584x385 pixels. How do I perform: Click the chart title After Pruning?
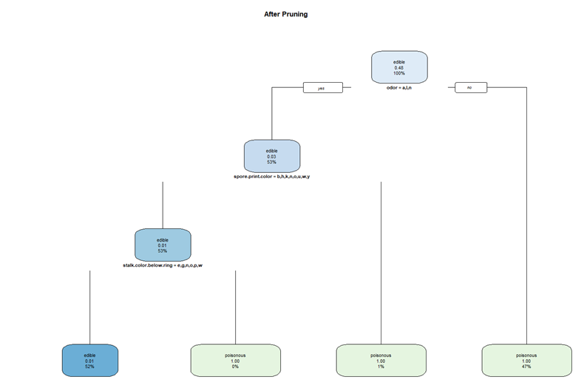285,14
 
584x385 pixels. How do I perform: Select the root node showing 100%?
398,67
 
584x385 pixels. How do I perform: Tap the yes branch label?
322,87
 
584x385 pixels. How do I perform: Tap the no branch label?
469,87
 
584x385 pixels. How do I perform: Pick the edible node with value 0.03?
272,155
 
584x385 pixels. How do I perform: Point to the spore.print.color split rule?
272,177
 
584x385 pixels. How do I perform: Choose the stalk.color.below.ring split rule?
163,264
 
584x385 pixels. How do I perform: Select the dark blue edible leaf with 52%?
89,360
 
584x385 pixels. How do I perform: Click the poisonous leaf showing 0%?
235,360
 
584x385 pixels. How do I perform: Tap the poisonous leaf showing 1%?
381,360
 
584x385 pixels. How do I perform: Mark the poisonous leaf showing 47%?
526,360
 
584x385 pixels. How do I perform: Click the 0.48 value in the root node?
398,68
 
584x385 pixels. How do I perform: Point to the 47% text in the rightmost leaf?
526,367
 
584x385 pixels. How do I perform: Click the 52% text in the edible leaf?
89,367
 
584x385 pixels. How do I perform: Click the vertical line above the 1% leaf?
381,259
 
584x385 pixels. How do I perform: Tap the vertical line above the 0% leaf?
235,307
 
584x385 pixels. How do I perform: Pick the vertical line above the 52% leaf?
89,307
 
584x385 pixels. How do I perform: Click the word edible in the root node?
398,62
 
